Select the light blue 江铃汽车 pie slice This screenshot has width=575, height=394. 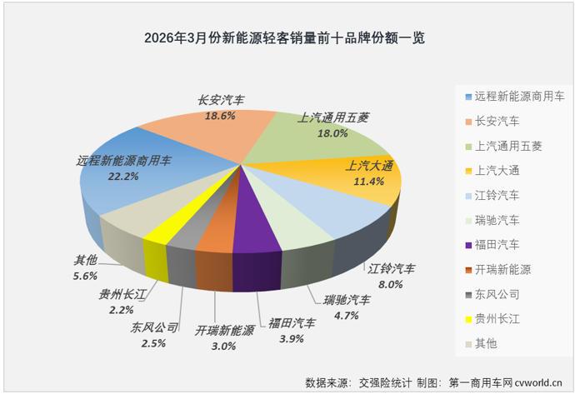point(350,212)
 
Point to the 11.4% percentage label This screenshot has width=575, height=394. point(365,181)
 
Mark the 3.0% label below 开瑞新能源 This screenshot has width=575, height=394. point(224,345)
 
